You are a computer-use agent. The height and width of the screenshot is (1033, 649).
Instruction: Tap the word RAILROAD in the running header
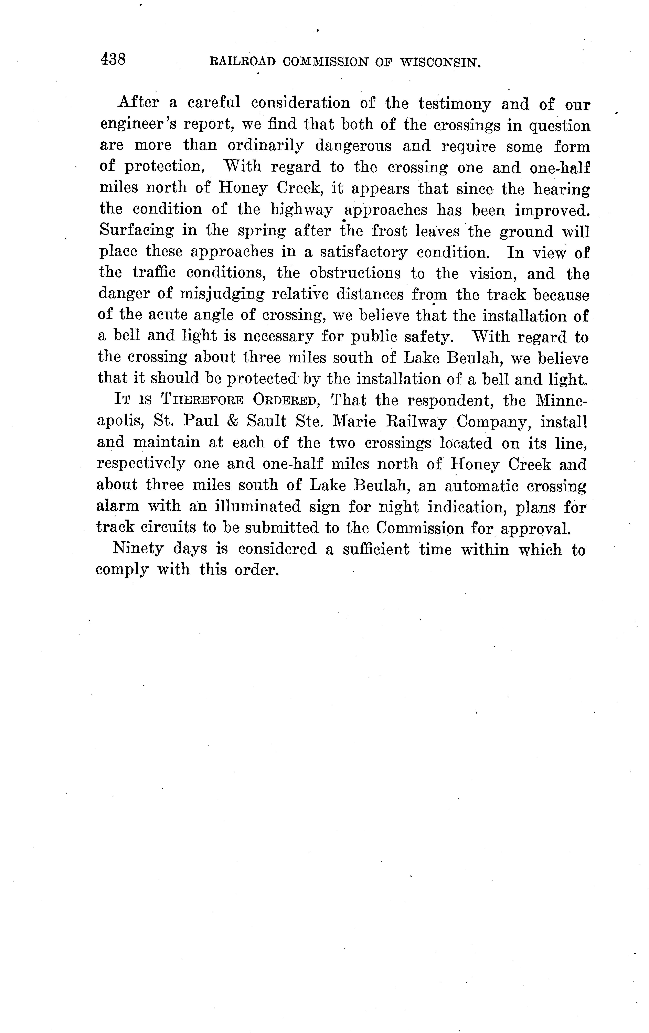point(242,62)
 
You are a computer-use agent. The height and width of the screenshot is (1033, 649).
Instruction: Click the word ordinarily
point(265,146)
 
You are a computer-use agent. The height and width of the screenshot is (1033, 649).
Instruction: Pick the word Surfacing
point(137,231)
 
